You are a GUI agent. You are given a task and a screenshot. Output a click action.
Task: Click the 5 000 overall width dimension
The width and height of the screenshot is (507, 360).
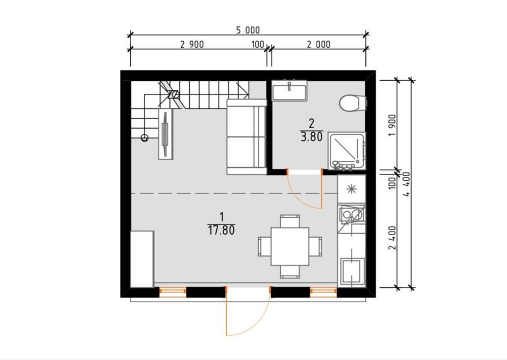click(x=248, y=30)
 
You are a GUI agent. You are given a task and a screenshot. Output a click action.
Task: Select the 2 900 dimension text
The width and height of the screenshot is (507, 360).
click(x=192, y=44)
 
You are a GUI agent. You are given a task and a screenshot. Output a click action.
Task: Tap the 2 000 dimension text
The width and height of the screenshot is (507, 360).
click(x=319, y=44)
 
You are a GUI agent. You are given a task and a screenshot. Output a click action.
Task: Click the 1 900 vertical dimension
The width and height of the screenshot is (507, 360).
click(x=392, y=125)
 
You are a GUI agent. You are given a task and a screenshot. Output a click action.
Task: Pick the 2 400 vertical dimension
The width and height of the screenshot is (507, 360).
click(x=392, y=238)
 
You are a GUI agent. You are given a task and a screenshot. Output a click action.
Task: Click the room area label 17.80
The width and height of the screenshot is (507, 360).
click(x=221, y=231)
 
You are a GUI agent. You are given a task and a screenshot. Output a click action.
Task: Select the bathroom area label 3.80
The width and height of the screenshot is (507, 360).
click(x=312, y=137)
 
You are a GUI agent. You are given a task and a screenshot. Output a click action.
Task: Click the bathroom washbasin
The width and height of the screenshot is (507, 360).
click(x=289, y=90)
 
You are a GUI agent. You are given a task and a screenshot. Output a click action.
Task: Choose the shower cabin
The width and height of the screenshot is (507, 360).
click(x=347, y=151)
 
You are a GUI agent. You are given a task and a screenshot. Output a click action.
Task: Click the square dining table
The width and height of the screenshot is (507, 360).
click(x=290, y=246)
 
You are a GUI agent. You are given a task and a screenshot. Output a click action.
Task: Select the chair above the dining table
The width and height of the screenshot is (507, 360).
click(x=290, y=221)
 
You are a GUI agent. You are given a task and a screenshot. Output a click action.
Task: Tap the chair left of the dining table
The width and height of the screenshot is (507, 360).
click(x=265, y=246)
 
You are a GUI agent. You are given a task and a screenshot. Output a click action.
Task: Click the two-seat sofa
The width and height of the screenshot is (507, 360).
click(x=246, y=137)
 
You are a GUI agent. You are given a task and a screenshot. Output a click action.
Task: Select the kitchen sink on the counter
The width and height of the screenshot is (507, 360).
click(x=352, y=214)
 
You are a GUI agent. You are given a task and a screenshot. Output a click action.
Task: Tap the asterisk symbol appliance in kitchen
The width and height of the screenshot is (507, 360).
click(x=351, y=189)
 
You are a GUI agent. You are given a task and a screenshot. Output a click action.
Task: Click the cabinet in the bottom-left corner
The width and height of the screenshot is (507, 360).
click(x=142, y=259)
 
